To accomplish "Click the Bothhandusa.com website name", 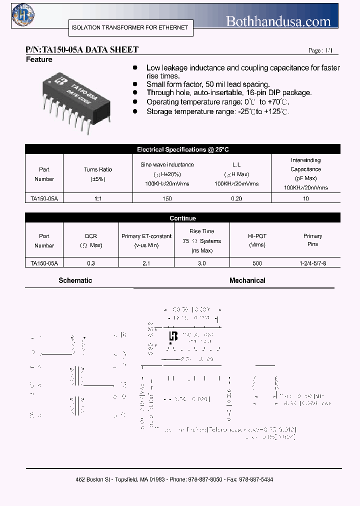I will (x=278, y=21).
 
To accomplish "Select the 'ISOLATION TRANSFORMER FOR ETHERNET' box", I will (x=129, y=27).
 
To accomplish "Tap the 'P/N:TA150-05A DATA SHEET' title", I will (x=82, y=50).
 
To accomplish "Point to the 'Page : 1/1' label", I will (x=320, y=51).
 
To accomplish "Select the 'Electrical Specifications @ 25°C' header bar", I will (x=182, y=149).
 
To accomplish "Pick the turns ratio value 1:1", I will (x=98, y=198).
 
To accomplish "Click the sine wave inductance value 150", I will (x=167, y=198).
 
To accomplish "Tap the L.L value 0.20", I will (x=236, y=198).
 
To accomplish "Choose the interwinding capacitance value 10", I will (x=306, y=198).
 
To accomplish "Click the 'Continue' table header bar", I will (x=182, y=218).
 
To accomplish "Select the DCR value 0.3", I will (x=91, y=263).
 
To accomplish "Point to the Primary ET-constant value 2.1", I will (x=146, y=263).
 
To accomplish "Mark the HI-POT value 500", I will (x=257, y=263).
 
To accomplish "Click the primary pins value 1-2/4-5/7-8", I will (x=313, y=263).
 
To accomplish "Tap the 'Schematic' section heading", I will (x=75, y=280).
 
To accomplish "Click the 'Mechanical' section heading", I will (x=247, y=280).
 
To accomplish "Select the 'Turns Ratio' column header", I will (x=98, y=170).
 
